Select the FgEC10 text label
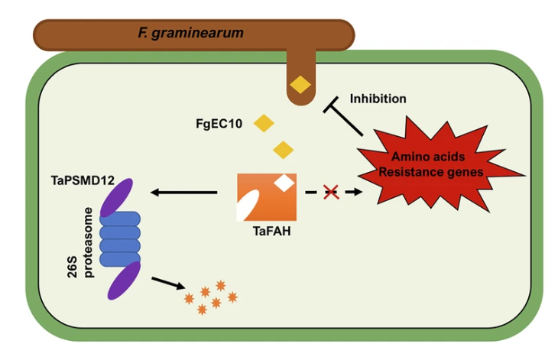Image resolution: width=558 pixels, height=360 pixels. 219,123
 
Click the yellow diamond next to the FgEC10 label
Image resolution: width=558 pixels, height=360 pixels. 264,122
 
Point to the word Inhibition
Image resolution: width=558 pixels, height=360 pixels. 378,99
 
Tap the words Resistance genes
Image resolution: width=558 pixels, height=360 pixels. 431,172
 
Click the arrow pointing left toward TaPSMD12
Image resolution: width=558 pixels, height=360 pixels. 183,193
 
